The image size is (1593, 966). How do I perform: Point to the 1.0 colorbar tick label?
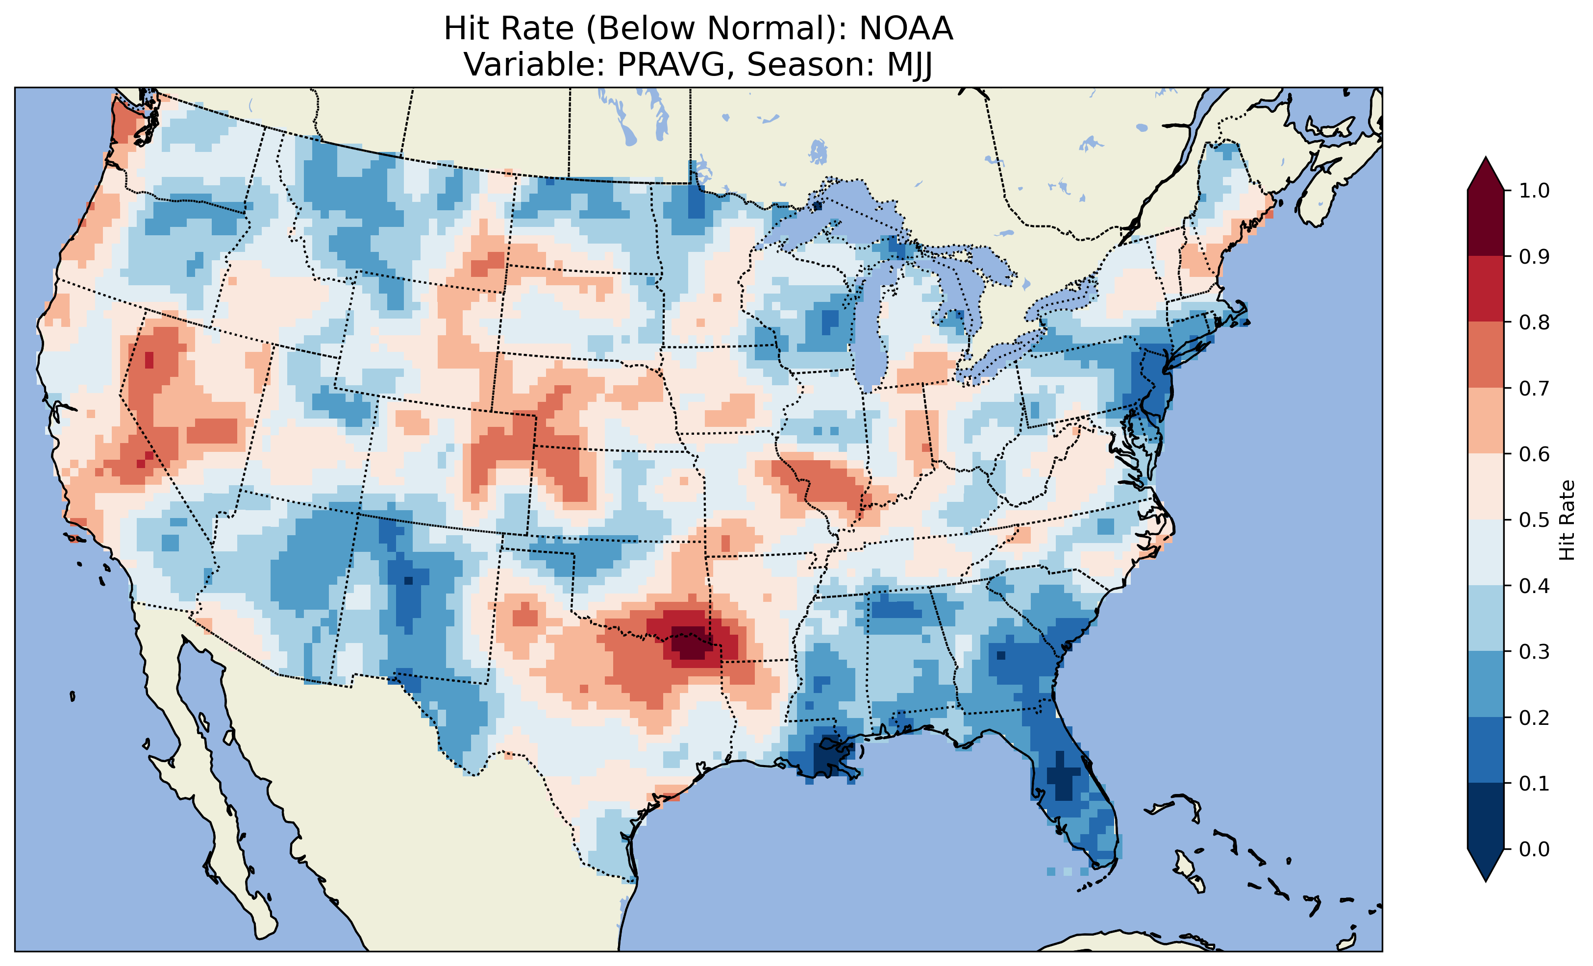(x=1534, y=191)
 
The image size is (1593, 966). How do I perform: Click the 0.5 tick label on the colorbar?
(x=1534, y=520)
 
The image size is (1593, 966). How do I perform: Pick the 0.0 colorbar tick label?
(x=1534, y=849)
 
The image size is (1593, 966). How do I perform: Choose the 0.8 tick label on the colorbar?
(x=1534, y=322)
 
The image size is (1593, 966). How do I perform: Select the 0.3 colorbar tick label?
(x=1534, y=652)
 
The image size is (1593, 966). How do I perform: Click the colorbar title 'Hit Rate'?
(x=1567, y=520)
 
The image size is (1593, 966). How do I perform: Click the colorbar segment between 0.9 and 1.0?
(x=1486, y=223)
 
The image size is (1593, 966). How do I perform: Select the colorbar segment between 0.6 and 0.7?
(x=1486, y=421)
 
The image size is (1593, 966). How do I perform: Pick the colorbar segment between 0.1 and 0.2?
(x=1486, y=750)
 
